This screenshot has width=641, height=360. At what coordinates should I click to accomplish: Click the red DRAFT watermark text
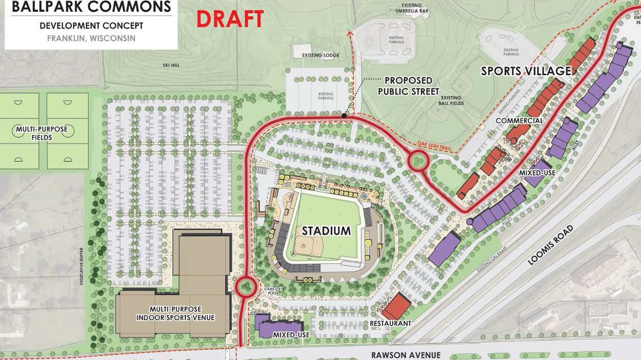click(x=230, y=19)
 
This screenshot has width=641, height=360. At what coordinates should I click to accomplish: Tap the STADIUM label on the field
click(x=326, y=231)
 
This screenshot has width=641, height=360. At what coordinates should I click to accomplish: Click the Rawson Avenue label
click(x=406, y=355)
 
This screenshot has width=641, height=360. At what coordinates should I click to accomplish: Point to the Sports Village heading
click(x=526, y=71)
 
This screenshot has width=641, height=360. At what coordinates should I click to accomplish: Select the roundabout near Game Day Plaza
click(x=245, y=286)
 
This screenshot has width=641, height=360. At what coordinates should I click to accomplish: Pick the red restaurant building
click(x=396, y=307)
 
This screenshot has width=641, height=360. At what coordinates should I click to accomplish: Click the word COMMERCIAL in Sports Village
click(x=519, y=121)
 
